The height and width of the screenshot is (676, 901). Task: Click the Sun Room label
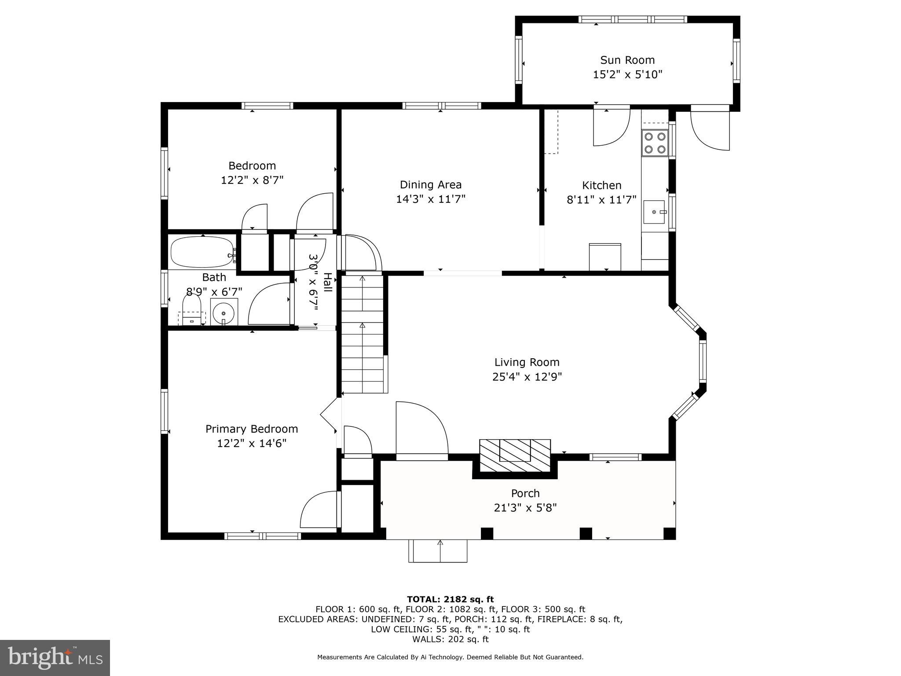click(x=627, y=60)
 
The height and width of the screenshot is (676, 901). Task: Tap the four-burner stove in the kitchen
click(x=655, y=143)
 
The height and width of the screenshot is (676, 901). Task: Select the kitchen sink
click(x=655, y=212)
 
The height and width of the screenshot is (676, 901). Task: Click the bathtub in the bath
click(x=202, y=252)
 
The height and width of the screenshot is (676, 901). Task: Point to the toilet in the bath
click(x=191, y=308)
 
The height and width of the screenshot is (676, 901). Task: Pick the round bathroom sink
click(x=224, y=312)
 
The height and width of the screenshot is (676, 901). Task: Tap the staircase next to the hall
click(x=363, y=334)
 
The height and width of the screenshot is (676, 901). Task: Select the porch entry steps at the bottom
click(x=438, y=551)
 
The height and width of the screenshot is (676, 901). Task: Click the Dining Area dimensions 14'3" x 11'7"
click(x=430, y=199)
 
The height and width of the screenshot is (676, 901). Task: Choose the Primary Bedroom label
click(x=252, y=429)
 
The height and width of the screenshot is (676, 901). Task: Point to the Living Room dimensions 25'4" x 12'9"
click(x=527, y=377)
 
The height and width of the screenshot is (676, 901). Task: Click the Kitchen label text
click(x=601, y=185)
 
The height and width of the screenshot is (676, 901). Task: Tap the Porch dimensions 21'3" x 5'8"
click(x=525, y=508)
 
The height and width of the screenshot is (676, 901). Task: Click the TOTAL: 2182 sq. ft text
click(x=450, y=599)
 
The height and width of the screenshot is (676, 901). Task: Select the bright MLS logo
click(x=55, y=658)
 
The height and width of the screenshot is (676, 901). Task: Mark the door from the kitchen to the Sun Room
click(x=611, y=128)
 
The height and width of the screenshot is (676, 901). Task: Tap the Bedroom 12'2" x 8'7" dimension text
click(x=252, y=180)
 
